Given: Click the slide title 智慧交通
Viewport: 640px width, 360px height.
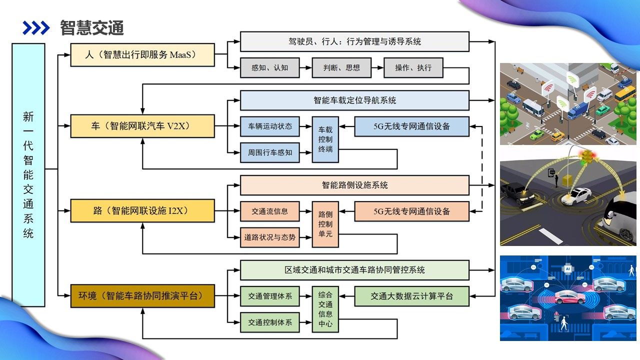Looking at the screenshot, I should pyautogui.click(x=92, y=28).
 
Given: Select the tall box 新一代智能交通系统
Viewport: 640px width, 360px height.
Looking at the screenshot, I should pyautogui.click(x=28, y=174).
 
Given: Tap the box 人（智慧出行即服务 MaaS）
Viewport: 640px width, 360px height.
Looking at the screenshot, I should pyautogui.click(x=142, y=55).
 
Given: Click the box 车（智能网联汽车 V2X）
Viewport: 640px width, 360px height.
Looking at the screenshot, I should pyautogui.click(x=142, y=126).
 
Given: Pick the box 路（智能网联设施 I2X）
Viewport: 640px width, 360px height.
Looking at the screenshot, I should pyautogui.click(x=142, y=210).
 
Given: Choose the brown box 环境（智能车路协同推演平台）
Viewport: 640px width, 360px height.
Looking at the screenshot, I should pyautogui.click(x=142, y=295).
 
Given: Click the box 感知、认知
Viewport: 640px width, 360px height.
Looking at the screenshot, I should pyautogui.click(x=270, y=67).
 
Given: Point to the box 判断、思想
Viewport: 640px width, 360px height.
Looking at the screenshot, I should pyautogui.click(x=342, y=67).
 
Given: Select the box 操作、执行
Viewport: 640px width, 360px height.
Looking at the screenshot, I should pyautogui.click(x=413, y=67).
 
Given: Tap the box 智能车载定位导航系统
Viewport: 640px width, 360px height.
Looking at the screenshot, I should pyautogui.click(x=354, y=100).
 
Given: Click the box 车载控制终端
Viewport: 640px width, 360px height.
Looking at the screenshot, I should pyautogui.click(x=325, y=139).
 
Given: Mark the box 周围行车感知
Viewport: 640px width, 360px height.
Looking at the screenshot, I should pyautogui.click(x=270, y=152).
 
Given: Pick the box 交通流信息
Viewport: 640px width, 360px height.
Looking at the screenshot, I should pyautogui.click(x=270, y=211).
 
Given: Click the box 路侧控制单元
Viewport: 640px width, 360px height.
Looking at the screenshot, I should pyautogui.click(x=325, y=224).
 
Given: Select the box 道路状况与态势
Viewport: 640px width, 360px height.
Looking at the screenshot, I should pyautogui.click(x=270, y=237).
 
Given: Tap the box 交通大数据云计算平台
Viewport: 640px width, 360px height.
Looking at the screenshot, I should pyautogui.click(x=412, y=296).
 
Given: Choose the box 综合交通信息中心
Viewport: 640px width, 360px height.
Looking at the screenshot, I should pyautogui.click(x=325, y=309).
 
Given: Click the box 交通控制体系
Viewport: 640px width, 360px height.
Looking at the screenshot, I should pyautogui.click(x=270, y=322).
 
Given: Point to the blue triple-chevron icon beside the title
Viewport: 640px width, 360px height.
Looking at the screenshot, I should pyautogui.click(x=36, y=28).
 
